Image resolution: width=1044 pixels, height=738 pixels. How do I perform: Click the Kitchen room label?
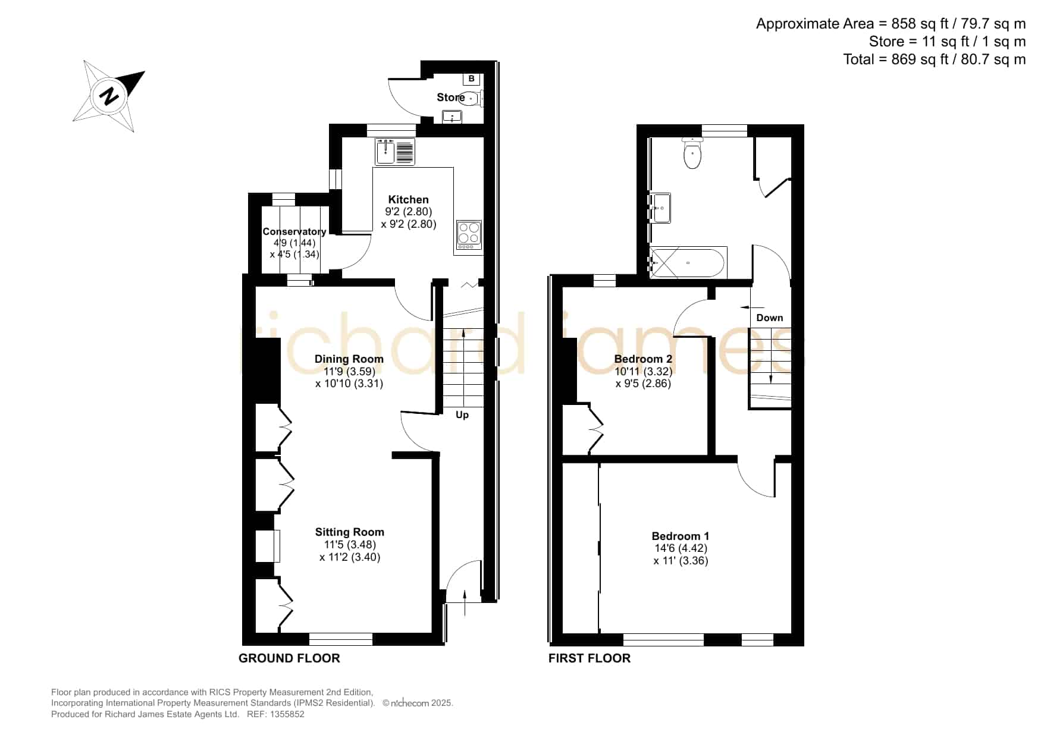tap(408, 200)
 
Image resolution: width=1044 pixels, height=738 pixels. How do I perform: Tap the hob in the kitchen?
tap(469, 235)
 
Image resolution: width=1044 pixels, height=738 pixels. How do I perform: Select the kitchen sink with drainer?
tap(395, 151)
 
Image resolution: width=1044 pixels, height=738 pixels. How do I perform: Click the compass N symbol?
tap(109, 96)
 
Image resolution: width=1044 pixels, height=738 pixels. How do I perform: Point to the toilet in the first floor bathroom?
tap(692, 153)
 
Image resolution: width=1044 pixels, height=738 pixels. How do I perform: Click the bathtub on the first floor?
tap(688, 262)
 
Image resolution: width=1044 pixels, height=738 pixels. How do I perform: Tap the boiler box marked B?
tap(472, 78)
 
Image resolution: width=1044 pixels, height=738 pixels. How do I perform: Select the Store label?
tap(450, 98)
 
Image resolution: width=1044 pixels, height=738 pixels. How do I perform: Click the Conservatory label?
tap(294, 231)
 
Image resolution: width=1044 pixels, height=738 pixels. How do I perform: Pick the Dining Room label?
tap(349, 359)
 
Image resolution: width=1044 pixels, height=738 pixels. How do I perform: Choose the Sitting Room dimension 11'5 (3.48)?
tap(350, 545)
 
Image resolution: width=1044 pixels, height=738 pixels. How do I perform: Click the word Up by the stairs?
tap(462, 414)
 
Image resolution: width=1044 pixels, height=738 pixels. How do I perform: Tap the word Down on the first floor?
tap(769, 318)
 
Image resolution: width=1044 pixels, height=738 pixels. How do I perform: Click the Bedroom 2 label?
tap(643, 359)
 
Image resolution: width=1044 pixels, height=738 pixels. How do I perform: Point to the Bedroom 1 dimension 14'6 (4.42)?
tap(681, 548)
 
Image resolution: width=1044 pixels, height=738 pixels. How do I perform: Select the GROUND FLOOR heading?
tap(289, 658)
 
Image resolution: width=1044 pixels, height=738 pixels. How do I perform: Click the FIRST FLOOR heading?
tap(589, 658)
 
